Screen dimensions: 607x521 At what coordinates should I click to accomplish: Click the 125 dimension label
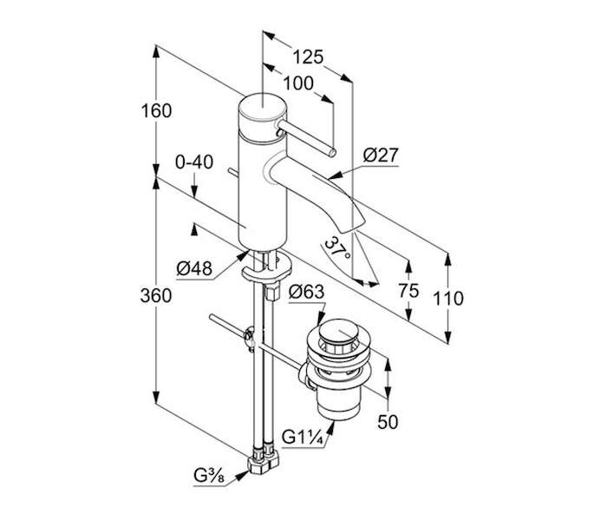coord(308,57)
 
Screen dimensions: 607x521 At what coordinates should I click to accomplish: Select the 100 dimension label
coord(298,83)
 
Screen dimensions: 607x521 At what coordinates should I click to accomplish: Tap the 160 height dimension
coord(156,111)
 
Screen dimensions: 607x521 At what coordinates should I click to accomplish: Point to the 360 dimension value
coord(156,296)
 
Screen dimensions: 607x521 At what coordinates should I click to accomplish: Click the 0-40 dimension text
coord(194,162)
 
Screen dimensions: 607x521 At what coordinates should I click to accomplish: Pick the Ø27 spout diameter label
coord(381,155)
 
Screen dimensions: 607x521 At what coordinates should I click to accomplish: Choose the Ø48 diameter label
coord(194,268)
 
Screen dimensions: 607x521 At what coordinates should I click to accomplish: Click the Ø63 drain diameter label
coord(306,292)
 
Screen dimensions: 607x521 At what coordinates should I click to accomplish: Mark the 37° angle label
coord(337,248)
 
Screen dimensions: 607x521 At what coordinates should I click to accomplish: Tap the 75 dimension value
coord(408,290)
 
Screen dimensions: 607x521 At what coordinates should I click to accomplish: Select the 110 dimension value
coord(448,299)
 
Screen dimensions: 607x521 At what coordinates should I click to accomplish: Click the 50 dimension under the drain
coord(388,422)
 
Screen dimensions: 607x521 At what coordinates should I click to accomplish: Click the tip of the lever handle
coord(332,153)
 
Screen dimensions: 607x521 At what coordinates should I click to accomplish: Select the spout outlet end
coord(353,227)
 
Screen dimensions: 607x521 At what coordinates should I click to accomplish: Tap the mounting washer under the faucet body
coord(267,269)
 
